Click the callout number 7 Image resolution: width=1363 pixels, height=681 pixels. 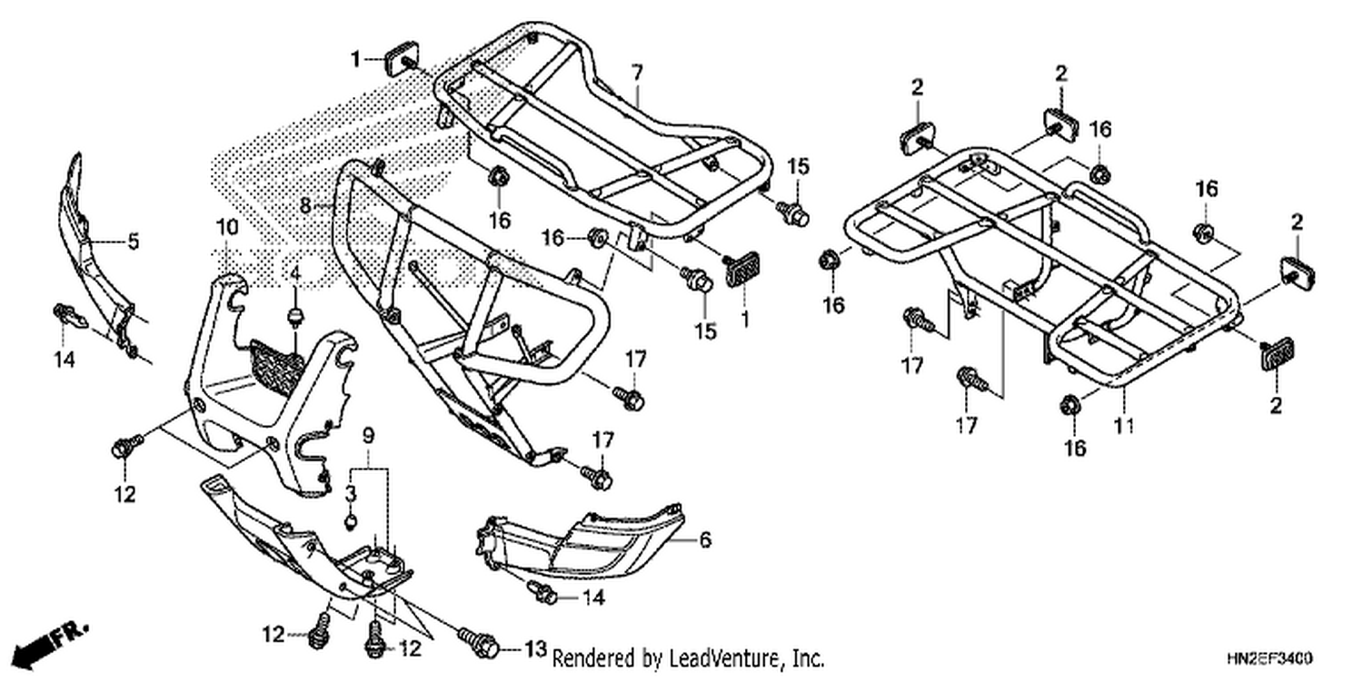click(636, 73)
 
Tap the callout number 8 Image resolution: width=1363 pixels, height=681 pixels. click(305, 205)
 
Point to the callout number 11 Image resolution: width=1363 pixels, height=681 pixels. click(1124, 425)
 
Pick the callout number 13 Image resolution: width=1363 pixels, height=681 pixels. click(535, 649)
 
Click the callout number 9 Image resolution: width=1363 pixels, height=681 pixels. click(368, 435)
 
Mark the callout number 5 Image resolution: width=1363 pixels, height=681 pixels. click(134, 242)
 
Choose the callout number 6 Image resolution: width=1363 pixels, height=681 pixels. click(704, 539)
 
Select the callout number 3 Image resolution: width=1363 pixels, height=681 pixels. click(351, 493)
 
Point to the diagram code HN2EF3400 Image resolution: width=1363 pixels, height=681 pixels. click(1269, 658)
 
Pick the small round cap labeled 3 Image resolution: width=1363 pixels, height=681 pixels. click(351, 521)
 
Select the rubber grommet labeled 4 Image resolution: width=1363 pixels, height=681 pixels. click(295, 318)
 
